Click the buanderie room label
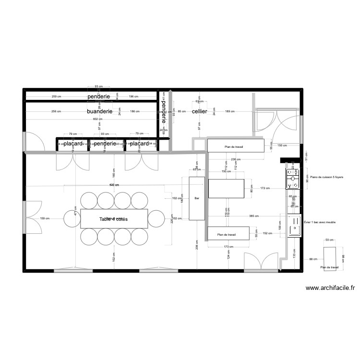(x=99, y=111)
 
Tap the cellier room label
(x=199, y=111)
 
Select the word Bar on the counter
(x=196, y=198)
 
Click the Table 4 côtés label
(x=117, y=219)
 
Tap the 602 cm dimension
(x=98, y=119)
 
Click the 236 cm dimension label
(x=235, y=160)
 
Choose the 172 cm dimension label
(x=265, y=188)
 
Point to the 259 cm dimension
(x=56, y=96)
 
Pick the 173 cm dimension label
(x=228, y=247)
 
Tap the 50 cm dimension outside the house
(x=329, y=240)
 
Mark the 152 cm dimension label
(x=267, y=233)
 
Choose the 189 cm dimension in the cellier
(x=230, y=111)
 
